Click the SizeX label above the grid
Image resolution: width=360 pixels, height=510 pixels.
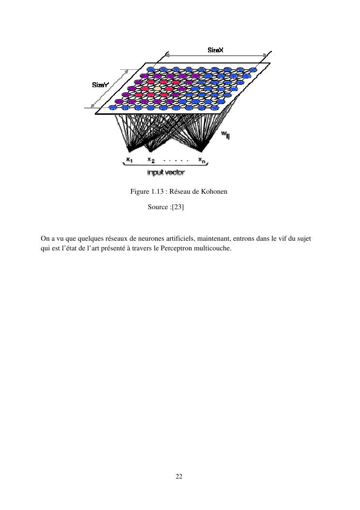tap(216, 50)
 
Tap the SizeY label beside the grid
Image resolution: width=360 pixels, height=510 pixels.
tap(101, 85)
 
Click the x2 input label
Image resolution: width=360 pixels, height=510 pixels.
tap(151, 160)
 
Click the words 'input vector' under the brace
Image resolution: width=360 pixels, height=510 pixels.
tap(166, 172)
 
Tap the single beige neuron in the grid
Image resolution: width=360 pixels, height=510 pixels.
tap(157, 89)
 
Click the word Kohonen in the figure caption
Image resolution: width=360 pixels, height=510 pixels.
tap(214, 191)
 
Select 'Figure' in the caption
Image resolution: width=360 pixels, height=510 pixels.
tap(140, 191)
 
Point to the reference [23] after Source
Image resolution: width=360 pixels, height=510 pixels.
tap(178, 207)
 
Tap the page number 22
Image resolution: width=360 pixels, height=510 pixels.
tap(179, 477)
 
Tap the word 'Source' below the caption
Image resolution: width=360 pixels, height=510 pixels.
tap(158, 207)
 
